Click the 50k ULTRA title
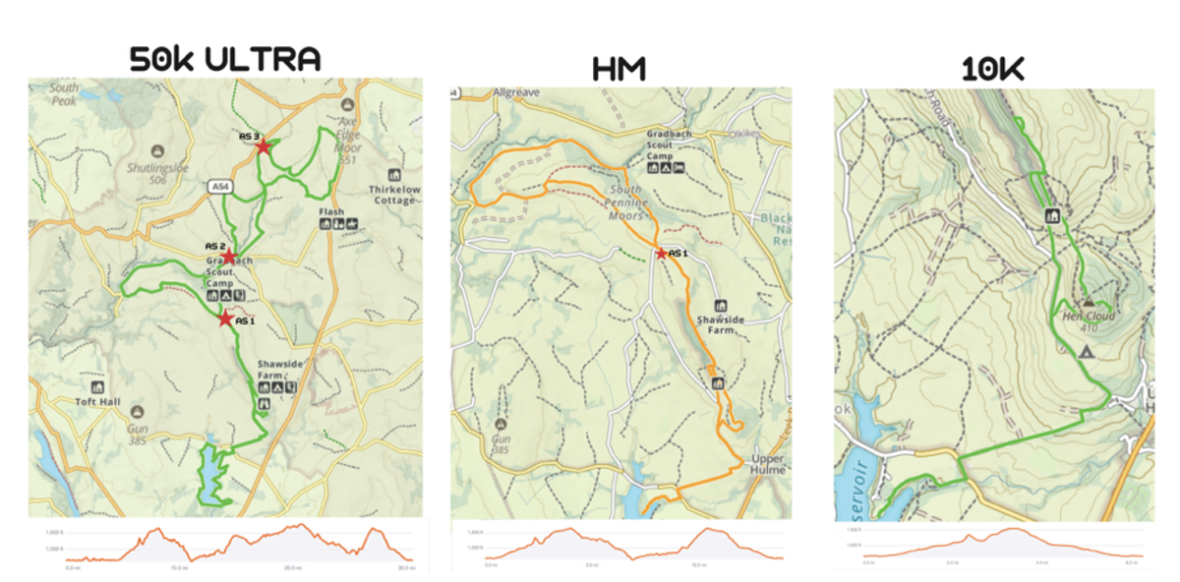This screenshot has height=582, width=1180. pyautogui.click(x=225, y=59)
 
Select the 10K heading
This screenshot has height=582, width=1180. pyautogui.click(x=994, y=69)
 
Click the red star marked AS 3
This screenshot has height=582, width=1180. pyautogui.click(x=263, y=146)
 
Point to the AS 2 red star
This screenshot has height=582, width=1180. pyautogui.click(x=228, y=256)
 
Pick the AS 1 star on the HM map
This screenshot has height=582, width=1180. pyautogui.click(x=661, y=254)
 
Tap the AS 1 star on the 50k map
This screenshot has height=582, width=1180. pyautogui.click(x=225, y=319)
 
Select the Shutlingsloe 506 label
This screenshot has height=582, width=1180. pyautogui.click(x=157, y=173)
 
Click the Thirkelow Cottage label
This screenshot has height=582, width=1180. pyautogui.click(x=394, y=194)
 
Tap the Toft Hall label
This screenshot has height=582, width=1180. pyautogui.click(x=96, y=401)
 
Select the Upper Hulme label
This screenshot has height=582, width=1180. pyautogui.click(x=767, y=464)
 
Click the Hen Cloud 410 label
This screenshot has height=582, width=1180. pyautogui.click(x=1085, y=321)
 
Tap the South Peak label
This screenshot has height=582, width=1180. pyautogui.click(x=64, y=94)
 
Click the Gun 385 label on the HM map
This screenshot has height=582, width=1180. pyautogui.click(x=500, y=443)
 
